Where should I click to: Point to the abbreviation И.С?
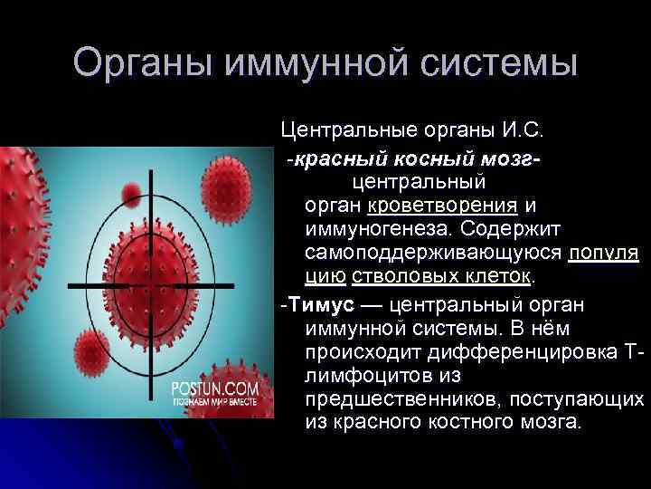(x=522, y=131)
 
